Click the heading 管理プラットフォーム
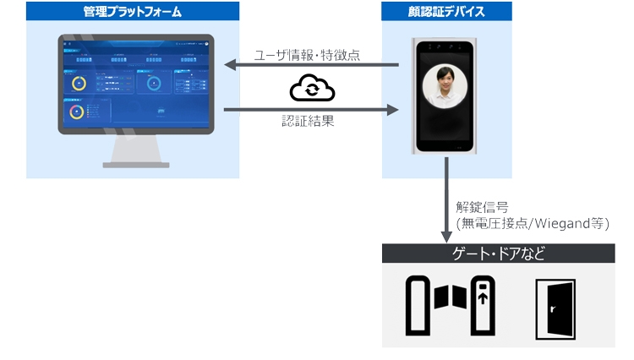(132, 12)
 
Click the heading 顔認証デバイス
(445, 12)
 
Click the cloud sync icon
(312, 88)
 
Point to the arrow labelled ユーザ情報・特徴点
(310, 66)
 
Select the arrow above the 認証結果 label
(310, 109)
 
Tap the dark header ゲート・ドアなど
(498, 254)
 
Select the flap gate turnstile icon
(451, 304)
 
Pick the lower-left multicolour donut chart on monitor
(77, 112)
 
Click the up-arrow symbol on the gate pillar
(483, 297)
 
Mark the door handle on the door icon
(551, 308)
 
